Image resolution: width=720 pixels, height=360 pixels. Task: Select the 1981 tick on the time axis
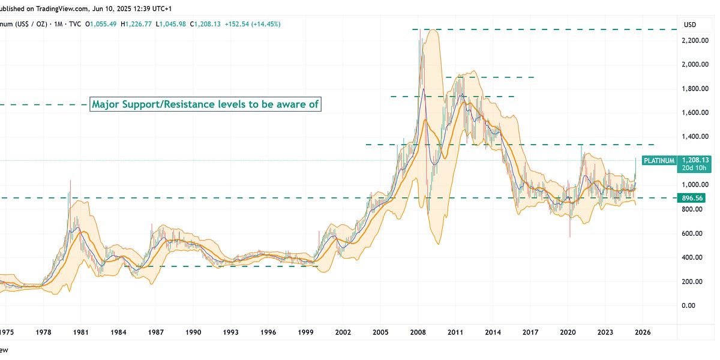pos(81,331)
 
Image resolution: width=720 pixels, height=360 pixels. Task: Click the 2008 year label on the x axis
pos(418,331)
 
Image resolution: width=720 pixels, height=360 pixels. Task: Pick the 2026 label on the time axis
pos(643,331)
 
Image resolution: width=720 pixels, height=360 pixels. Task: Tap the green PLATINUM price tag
pos(659,160)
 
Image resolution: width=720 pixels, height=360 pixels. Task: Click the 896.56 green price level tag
pos(697,197)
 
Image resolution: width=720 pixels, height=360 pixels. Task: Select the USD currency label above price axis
pos(690,24)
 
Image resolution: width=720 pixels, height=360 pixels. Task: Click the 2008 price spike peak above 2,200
pos(419,29)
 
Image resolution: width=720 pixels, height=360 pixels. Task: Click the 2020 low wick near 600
pos(569,236)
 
